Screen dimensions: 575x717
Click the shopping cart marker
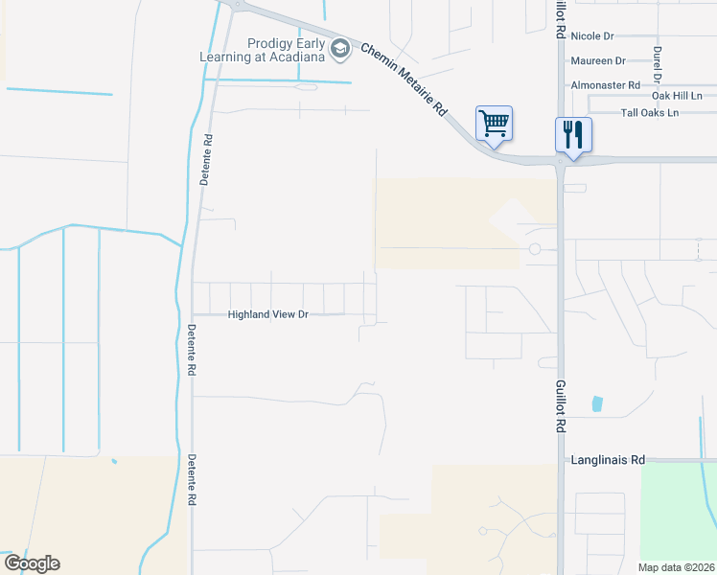coord(494,123)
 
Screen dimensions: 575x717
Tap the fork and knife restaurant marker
coord(573,133)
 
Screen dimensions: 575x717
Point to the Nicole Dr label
coord(591,35)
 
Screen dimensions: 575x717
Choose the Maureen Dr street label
coord(597,60)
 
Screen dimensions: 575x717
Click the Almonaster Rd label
coord(605,85)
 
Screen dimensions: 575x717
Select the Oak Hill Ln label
coord(677,96)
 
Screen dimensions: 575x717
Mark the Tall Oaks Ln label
coord(649,113)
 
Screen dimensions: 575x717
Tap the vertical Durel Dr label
coord(658,63)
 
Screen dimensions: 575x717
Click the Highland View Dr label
coord(267,314)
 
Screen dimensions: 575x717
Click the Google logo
coord(32,563)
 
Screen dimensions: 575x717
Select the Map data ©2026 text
coord(676,567)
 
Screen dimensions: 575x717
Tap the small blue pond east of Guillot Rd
coord(598,403)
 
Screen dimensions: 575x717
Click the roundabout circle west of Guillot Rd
coord(535,249)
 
